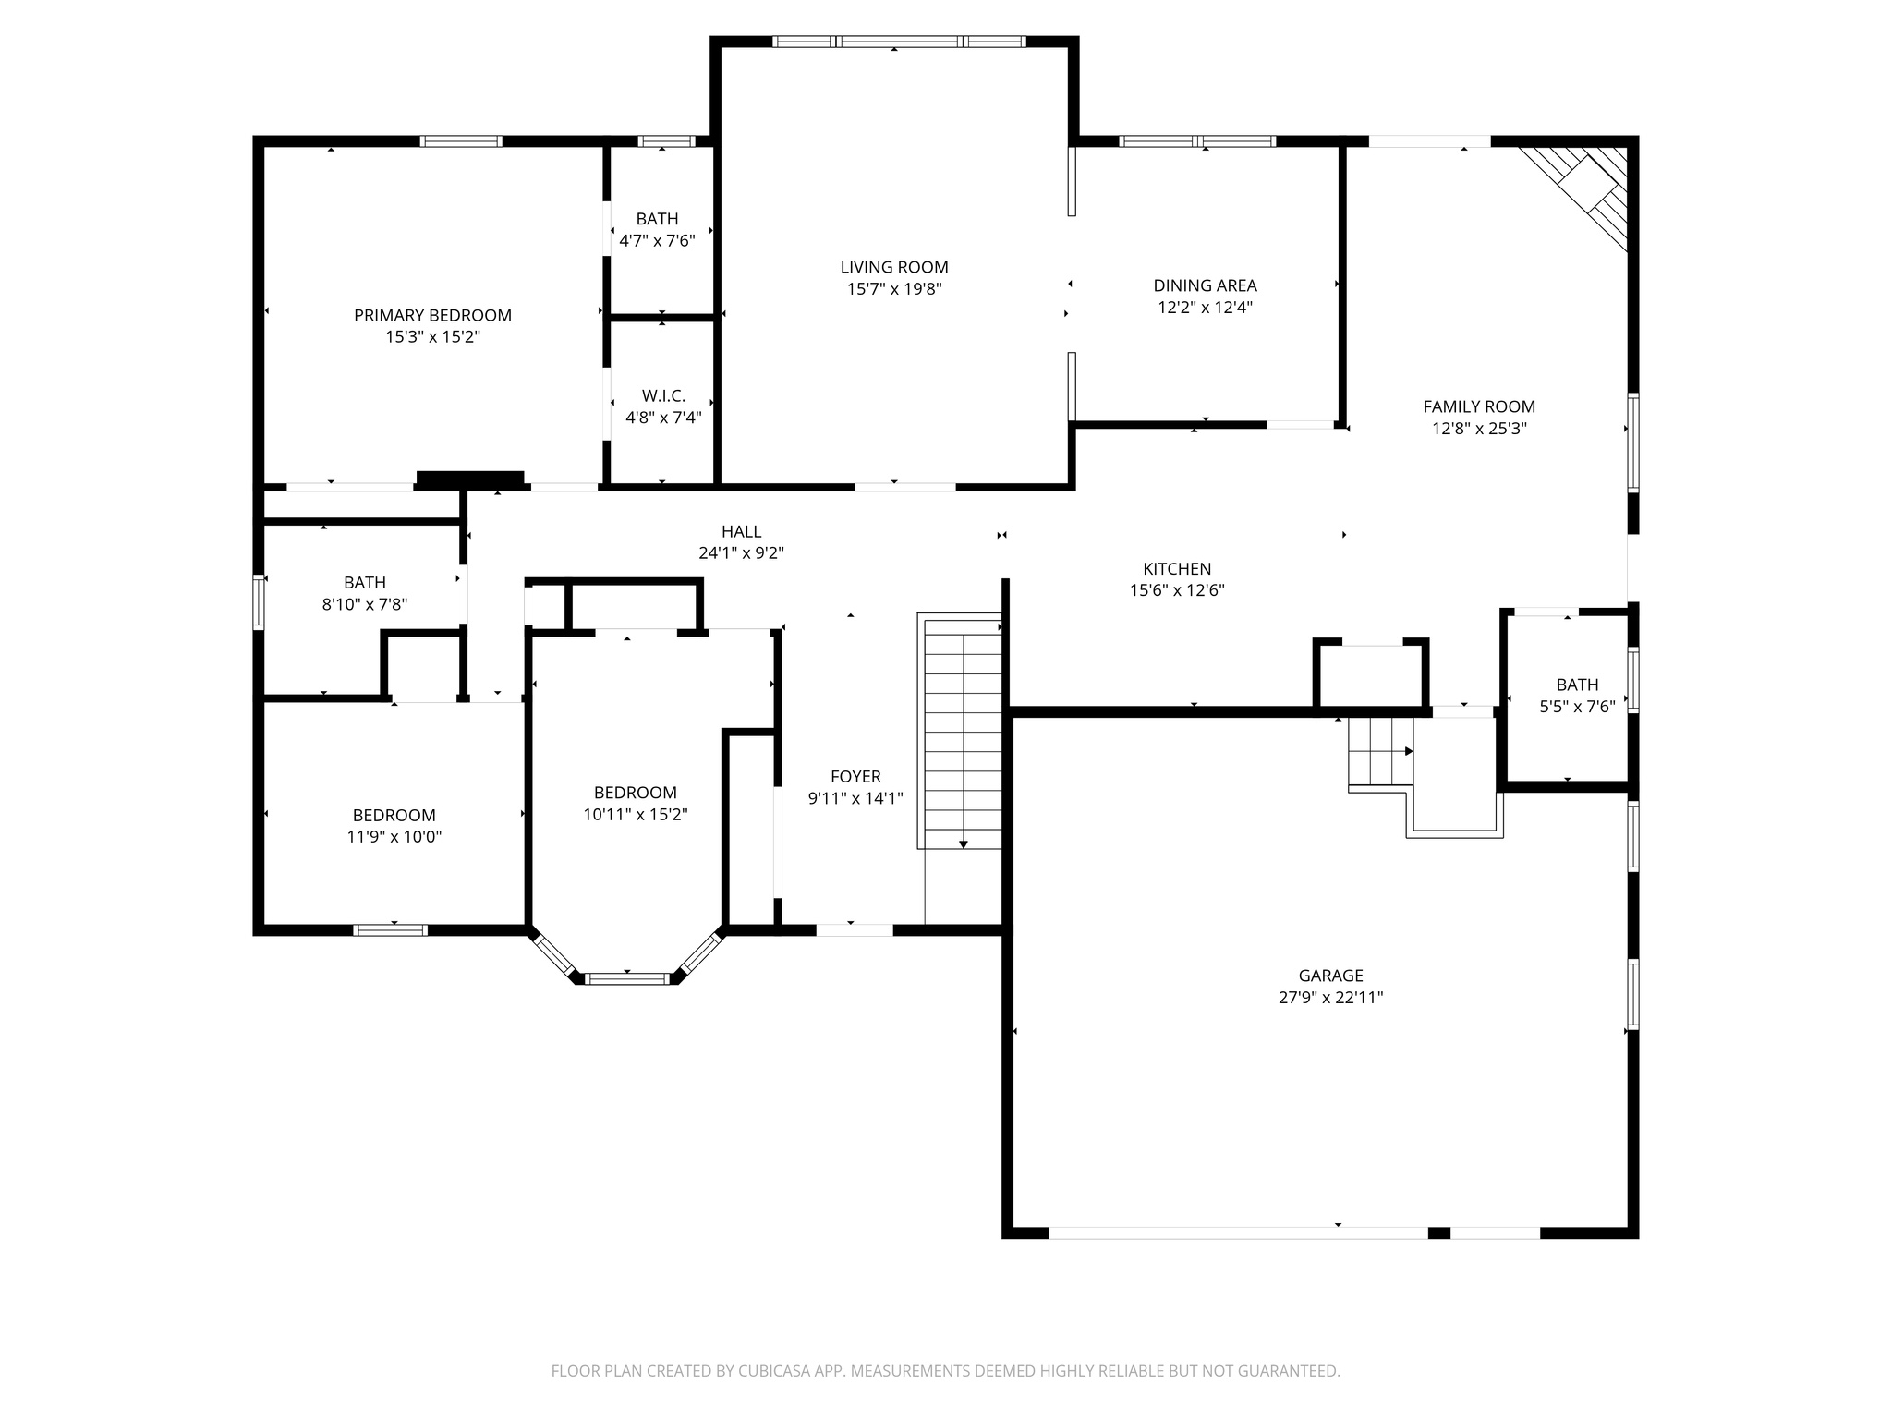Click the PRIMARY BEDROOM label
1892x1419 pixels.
[x=432, y=315]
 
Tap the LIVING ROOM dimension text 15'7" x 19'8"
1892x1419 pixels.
[x=894, y=289]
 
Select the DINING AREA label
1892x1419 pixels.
[x=1205, y=285]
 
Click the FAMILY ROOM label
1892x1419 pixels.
[x=1478, y=406]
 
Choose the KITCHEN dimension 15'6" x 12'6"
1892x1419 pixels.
[x=1177, y=590]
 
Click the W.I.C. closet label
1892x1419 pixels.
[x=663, y=395]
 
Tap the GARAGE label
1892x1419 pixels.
[x=1330, y=976]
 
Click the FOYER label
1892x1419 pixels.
[x=855, y=777]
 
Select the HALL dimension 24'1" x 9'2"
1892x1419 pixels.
[x=741, y=553]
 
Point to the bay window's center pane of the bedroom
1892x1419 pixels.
[x=627, y=978]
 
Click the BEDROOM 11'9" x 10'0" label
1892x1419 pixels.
[x=394, y=816]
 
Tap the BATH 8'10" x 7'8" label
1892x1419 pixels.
[x=365, y=583]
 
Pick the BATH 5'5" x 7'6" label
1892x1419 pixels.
[x=1577, y=685]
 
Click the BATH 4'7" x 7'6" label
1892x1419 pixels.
[x=657, y=219]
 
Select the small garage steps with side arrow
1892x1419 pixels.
[x=1379, y=752]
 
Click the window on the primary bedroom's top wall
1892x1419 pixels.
[x=461, y=141]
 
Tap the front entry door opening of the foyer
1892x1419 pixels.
[x=855, y=930]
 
